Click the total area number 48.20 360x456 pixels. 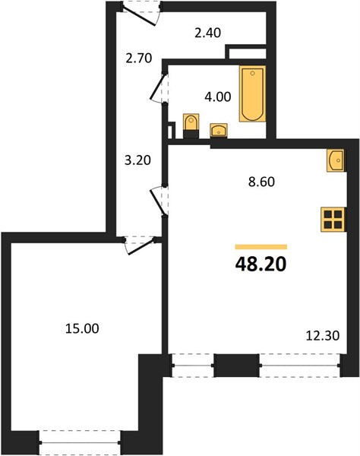(261, 264)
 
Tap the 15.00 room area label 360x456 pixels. (82, 328)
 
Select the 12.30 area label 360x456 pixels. (323, 336)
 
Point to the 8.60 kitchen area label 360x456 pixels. (261, 182)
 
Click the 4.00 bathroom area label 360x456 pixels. (218, 97)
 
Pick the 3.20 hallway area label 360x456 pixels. (137, 160)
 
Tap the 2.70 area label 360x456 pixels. (139, 59)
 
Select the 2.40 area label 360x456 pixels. (208, 33)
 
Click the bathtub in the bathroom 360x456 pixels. (252, 93)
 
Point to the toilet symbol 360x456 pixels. (191, 125)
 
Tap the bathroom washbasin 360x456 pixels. (219, 130)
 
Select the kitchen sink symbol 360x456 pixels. (336, 160)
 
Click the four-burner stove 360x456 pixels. (333, 220)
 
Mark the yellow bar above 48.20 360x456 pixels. (261, 247)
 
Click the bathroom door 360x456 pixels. (158, 87)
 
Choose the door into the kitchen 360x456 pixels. (158, 201)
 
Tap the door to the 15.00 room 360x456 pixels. (141, 246)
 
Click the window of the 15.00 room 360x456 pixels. (80, 443)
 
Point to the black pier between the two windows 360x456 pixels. (236, 366)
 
